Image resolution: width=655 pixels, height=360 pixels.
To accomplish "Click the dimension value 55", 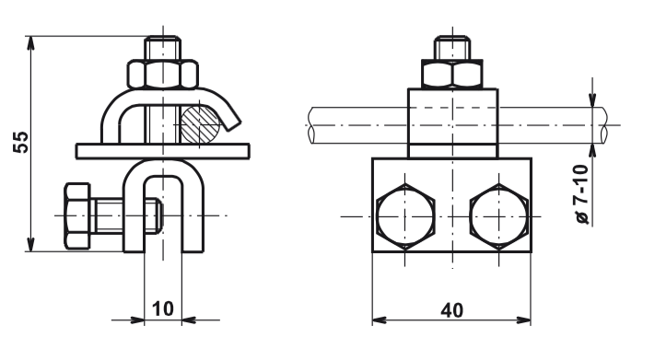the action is pyautogui.click(x=21, y=143).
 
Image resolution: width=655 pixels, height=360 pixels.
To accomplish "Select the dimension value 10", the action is pyautogui.click(x=162, y=308).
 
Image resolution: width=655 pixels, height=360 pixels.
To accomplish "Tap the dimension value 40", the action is pyautogui.click(x=451, y=310).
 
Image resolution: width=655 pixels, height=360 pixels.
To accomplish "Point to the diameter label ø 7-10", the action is pyautogui.click(x=581, y=194).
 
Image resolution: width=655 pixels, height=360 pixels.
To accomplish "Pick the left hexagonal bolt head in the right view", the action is pyautogui.click(x=405, y=216).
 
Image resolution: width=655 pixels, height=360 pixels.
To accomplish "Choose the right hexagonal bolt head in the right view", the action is pyautogui.click(x=498, y=216).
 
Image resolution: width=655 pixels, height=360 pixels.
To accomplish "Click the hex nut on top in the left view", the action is pyautogui.click(x=163, y=75).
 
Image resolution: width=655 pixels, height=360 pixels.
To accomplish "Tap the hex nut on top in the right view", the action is pyautogui.click(x=452, y=74).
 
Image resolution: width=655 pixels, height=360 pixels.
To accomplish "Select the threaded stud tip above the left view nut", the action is pyautogui.click(x=163, y=49).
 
